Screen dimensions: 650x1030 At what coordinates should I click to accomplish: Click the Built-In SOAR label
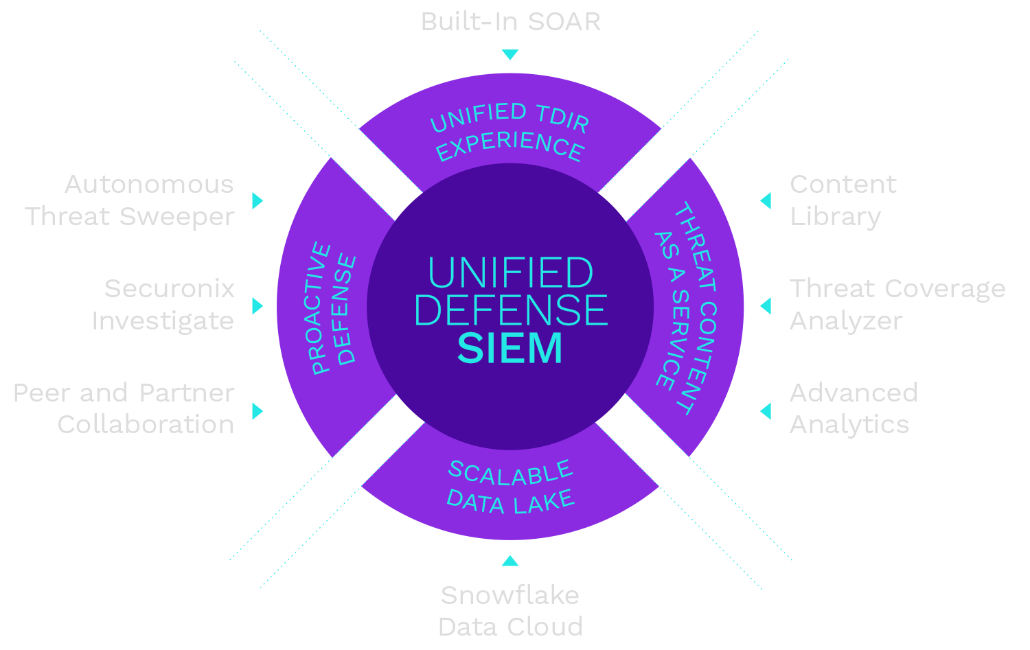[x=510, y=22]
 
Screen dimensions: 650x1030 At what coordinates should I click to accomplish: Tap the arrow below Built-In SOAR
[x=510, y=55]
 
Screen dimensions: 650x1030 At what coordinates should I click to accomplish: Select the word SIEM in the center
[x=510, y=348]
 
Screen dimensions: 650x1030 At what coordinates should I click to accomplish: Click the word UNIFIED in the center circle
[x=510, y=273]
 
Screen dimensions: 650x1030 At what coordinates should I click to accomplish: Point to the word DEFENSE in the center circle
[x=510, y=310]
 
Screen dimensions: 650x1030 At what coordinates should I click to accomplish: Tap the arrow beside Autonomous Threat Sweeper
[x=257, y=200]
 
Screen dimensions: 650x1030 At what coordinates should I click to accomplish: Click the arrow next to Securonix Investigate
[x=257, y=305]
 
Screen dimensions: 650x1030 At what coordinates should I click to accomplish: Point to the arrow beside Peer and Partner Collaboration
[x=257, y=410]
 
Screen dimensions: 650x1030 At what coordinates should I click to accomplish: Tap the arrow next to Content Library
[x=766, y=200]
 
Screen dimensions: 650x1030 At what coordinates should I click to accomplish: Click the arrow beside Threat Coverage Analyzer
[x=766, y=305]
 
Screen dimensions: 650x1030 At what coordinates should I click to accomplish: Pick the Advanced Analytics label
[x=853, y=409]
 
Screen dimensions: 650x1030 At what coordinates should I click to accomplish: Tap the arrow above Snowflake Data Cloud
[x=510, y=561]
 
